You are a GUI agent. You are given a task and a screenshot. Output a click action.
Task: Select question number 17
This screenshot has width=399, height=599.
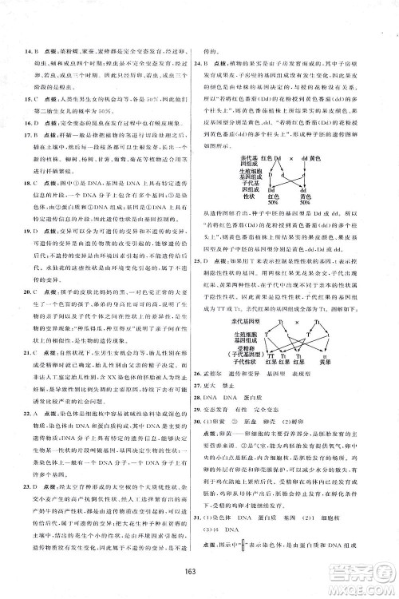[x=30, y=137]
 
